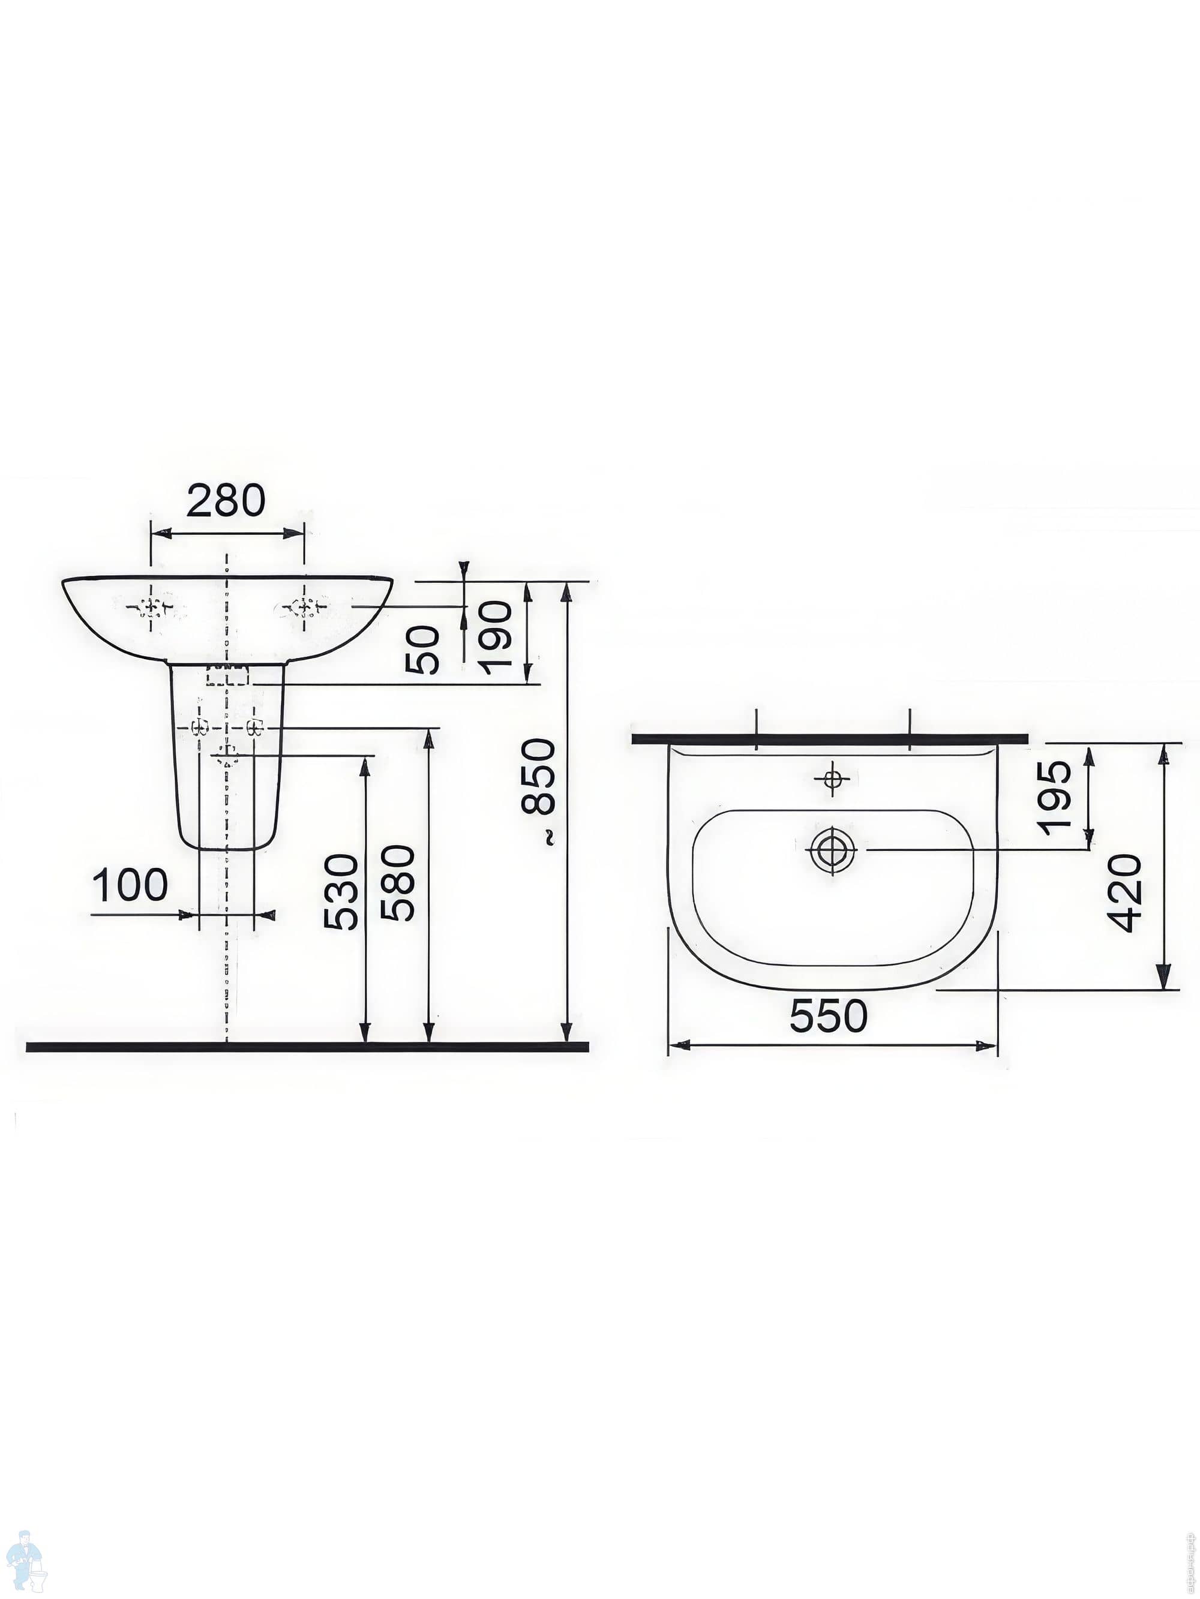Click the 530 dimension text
[341, 892]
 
